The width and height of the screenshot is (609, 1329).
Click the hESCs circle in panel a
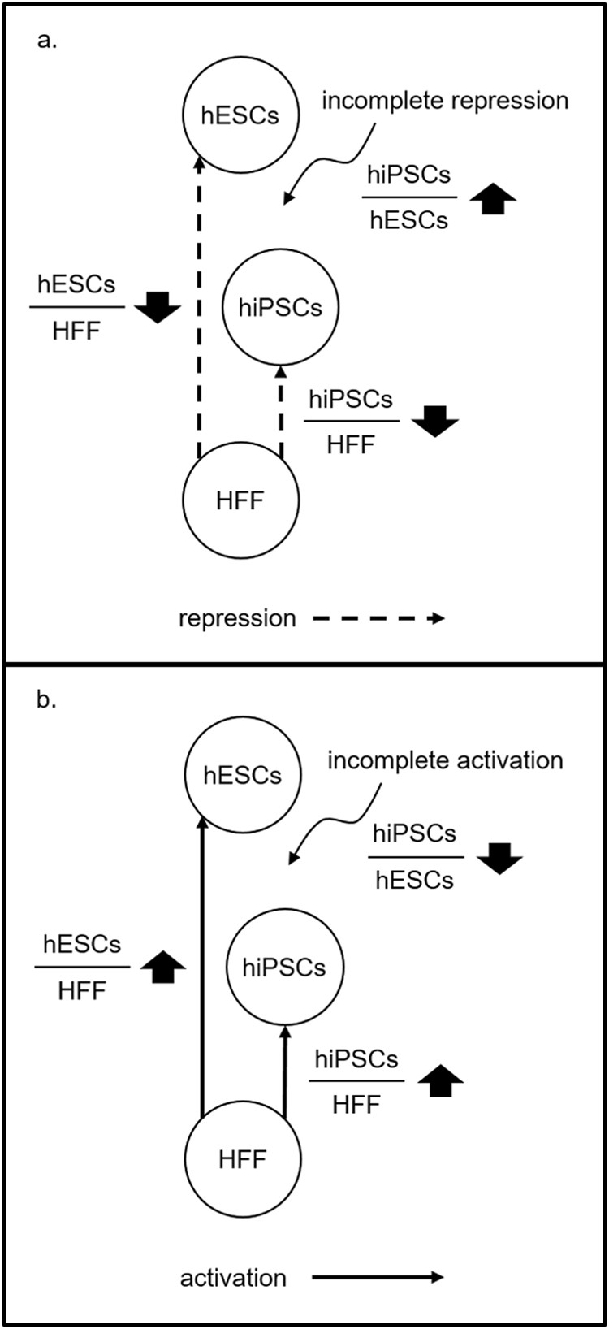[x=240, y=116]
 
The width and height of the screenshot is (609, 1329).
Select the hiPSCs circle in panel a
[x=280, y=308]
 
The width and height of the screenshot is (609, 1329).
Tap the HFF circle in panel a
[x=240, y=500]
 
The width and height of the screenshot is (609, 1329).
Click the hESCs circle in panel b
[x=243, y=775]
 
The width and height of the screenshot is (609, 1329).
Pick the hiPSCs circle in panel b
[x=284, y=968]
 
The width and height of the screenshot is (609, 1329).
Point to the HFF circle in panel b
[x=243, y=1159]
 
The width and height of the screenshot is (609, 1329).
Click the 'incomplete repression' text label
[x=445, y=101]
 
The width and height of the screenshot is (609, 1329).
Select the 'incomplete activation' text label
[x=445, y=760]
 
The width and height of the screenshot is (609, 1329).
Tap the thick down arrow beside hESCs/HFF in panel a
[x=157, y=307]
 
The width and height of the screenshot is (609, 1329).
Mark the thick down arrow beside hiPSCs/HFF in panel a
[x=435, y=421]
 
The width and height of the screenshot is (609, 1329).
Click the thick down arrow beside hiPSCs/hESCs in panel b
[x=499, y=857]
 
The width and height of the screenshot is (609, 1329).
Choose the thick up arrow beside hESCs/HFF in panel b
[x=162, y=967]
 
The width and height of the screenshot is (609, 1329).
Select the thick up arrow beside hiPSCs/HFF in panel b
[x=440, y=1080]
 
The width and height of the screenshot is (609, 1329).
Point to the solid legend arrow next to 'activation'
[x=378, y=1277]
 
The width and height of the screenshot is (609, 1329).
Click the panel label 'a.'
[x=47, y=41]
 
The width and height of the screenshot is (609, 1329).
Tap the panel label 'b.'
[x=47, y=700]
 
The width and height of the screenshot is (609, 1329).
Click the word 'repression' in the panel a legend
[x=237, y=619]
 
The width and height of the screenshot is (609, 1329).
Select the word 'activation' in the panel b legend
[x=233, y=1278]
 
